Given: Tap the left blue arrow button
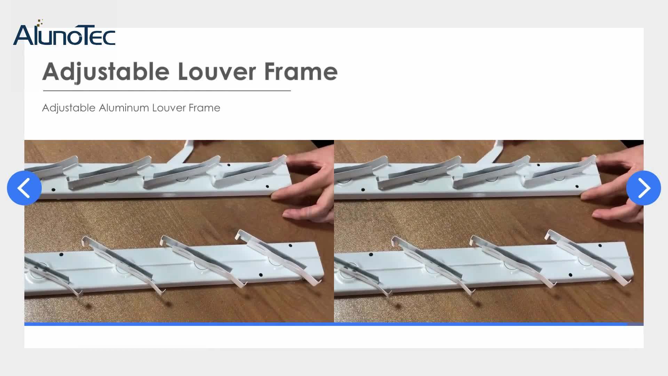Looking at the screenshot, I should click(24, 188).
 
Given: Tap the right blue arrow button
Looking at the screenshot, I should click(643, 188).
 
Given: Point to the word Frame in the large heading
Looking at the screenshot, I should click(301, 72).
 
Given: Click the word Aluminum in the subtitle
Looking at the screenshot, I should click(124, 108).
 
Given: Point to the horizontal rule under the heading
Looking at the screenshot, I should click(167, 91).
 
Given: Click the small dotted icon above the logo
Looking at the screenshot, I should click(40, 23).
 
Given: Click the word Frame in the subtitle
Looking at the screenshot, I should click(204, 108).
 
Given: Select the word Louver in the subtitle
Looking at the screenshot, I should click(169, 108).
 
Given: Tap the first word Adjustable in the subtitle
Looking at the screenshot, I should click(69, 108).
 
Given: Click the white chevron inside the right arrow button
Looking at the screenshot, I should click(644, 188).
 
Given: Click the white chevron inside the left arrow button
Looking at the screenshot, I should click(23, 188).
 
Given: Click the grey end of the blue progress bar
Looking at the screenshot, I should click(636, 324).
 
